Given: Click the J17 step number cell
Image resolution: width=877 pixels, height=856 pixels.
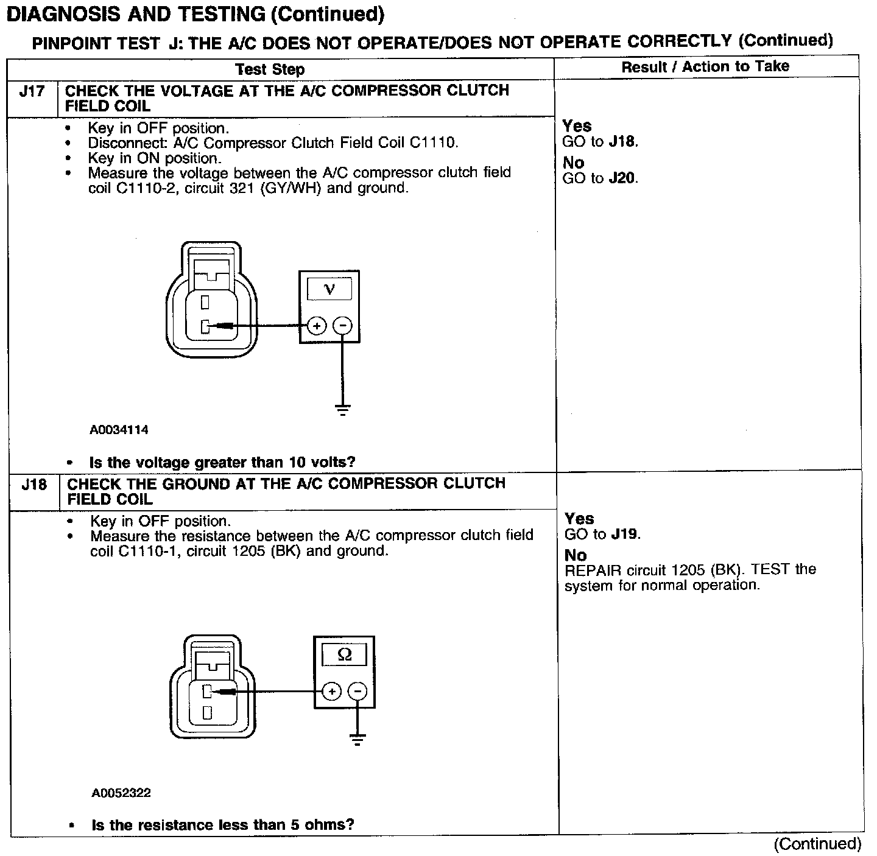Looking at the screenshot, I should pyautogui.click(x=32, y=92).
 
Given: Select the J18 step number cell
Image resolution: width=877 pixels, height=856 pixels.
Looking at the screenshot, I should pyautogui.click(x=33, y=485).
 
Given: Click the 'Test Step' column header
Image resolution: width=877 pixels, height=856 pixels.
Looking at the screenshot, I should pyautogui.click(x=270, y=69).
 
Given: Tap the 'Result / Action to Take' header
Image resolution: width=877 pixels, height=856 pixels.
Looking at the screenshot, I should pyautogui.click(x=705, y=67).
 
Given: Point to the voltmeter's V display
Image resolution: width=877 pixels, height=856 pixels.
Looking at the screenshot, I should pyautogui.click(x=329, y=289).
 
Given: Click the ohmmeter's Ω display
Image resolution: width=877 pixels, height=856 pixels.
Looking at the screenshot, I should pyautogui.click(x=344, y=655).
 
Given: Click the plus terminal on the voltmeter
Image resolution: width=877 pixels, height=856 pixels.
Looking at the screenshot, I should pyautogui.click(x=317, y=326).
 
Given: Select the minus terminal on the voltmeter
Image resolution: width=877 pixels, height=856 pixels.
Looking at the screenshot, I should pyautogui.click(x=343, y=326).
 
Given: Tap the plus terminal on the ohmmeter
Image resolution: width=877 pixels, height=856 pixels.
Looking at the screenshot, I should pyautogui.click(x=331, y=692).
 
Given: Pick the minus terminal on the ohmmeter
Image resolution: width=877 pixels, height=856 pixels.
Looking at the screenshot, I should pyautogui.click(x=357, y=692).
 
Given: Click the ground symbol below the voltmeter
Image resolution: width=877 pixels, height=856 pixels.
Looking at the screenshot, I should pyautogui.click(x=343, y=409).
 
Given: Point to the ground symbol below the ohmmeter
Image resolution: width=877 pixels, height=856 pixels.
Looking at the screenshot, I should pyautogui.click(x=357, y=740).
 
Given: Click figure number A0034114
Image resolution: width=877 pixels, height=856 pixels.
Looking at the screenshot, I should pyautogui.click(x=119, y=430).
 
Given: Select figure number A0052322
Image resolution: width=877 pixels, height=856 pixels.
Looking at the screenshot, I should pyautogui.click(x=121, y=793).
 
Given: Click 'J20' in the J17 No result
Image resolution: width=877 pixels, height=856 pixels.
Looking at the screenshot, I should pyautogui.click(x=622, y=179).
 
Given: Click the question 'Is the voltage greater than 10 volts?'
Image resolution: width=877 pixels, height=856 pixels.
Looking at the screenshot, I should pyautogui.click(x=222, y=463).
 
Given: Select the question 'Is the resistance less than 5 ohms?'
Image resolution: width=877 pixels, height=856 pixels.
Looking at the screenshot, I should pyautogui.click(x=223, y=826).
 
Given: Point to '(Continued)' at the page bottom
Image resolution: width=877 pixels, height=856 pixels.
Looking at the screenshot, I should pyautogui.click(x=817, y=844).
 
